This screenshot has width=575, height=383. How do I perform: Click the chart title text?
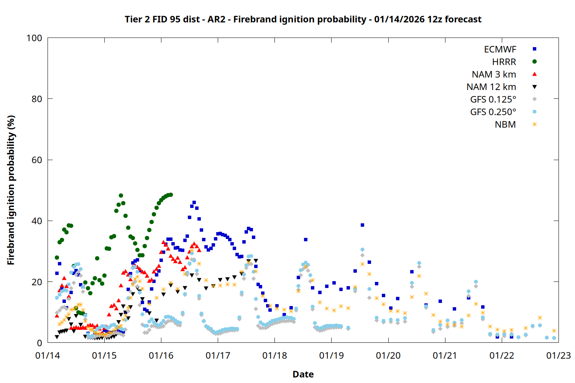(303, 19)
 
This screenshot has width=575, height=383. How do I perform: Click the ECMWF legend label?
(500, 49)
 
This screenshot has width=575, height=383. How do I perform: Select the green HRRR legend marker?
(534, 62)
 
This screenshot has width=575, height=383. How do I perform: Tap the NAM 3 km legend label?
(494, 74)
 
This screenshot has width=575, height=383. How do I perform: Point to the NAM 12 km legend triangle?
(534, 87)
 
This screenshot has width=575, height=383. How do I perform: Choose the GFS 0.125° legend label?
(493, 100)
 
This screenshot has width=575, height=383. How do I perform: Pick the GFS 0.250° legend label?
(493, 112)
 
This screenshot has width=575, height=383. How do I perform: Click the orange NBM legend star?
(534, 124)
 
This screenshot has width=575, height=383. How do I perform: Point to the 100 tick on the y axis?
(34, 38)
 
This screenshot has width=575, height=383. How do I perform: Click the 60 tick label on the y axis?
(37, 160)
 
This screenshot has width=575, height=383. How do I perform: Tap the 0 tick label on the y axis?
(39, 343)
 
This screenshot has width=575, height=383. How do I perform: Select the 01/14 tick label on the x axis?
(48, 356)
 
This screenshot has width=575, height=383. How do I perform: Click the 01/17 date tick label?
(218, 356)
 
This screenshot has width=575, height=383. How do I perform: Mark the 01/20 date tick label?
(388, 356)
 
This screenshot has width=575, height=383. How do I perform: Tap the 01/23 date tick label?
(559, 356)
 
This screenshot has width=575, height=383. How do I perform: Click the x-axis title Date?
(303, 374)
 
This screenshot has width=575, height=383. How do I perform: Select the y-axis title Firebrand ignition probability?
(11, 190)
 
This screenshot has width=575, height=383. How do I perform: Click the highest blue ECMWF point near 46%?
(194, 202)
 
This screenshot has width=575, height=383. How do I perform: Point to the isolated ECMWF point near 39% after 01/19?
(362, 225)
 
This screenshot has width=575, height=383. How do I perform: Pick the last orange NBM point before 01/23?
(554, 331)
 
